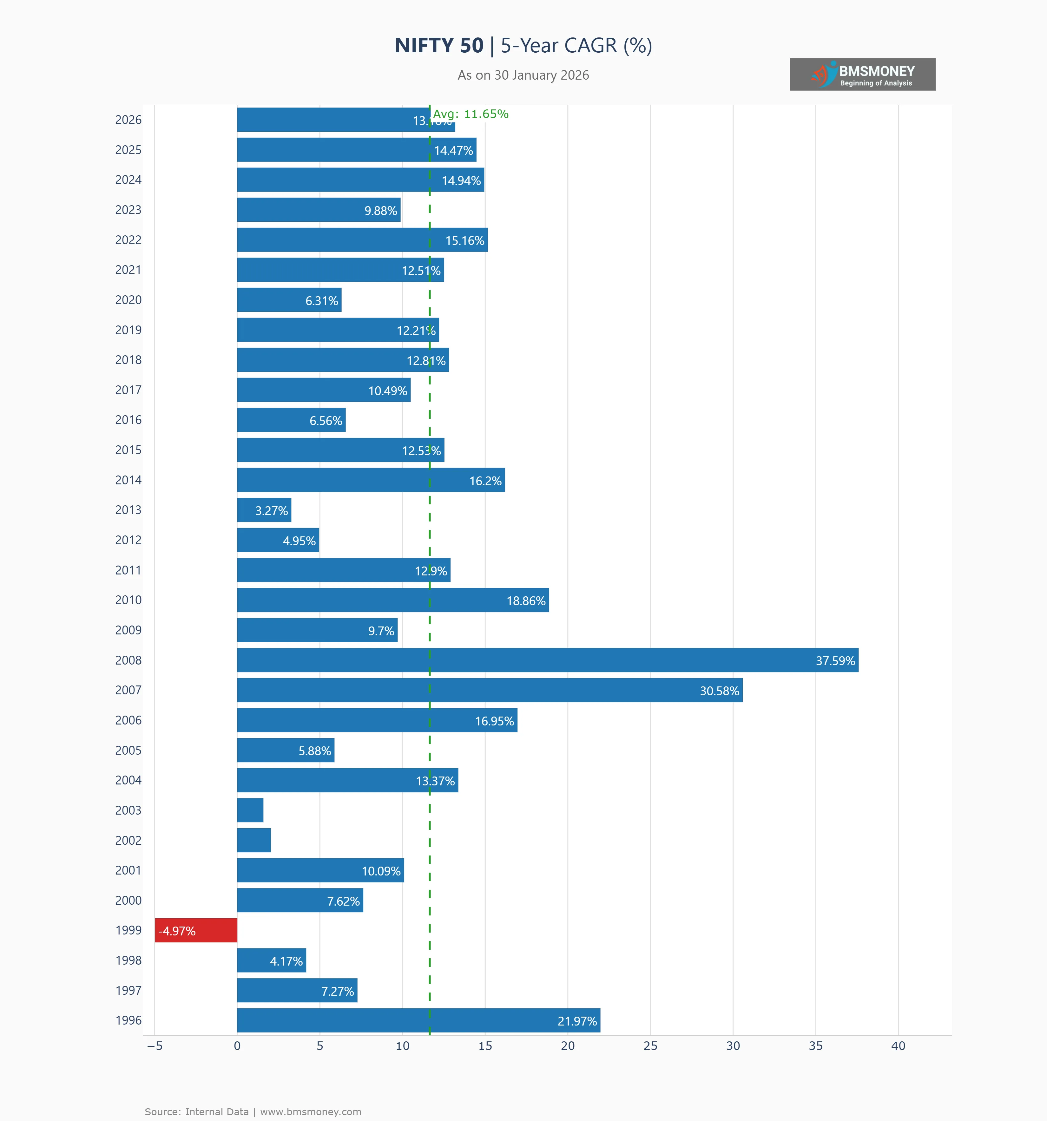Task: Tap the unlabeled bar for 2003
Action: click(250, 810)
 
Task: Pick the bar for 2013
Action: click(264, 510)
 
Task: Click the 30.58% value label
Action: click(719, 691)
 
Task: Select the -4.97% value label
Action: click(177, 931)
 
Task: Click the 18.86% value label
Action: click(526, 601)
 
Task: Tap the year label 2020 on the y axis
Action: click(128, 300)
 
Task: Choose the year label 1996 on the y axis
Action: click(128, 1021)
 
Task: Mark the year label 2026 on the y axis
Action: click(128, 120)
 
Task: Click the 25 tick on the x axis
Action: click(650, 1046)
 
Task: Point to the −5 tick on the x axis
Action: click(155, 1046)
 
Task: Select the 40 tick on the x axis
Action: click(898, 1046)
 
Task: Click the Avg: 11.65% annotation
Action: click(471, 114)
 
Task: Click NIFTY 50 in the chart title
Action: click(439, 46)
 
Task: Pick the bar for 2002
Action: click(254, 840)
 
